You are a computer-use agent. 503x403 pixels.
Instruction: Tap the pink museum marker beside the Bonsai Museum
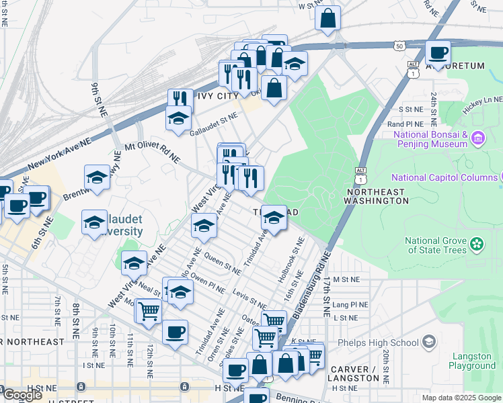pyautogui.click(x=478, y=139)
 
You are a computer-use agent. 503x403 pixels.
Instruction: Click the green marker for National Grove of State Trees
pyautogui.click(x=477, y=242)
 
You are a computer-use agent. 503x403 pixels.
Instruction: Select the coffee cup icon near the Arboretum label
pyautogui.click(x=438, y=53)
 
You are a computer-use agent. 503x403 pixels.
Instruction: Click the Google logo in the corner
pyautogui.click(x=22, y=395)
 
